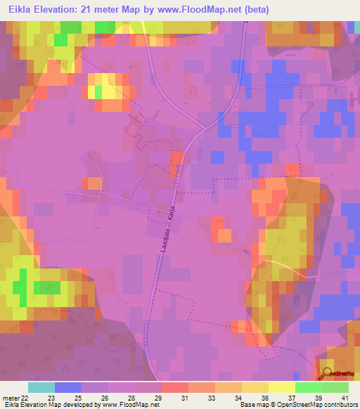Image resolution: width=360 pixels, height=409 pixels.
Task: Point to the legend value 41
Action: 344,397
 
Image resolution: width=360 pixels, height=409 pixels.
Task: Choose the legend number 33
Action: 211,397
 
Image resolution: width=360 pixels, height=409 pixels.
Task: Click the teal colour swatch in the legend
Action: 41,387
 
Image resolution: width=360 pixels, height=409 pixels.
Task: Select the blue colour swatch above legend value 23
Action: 68,387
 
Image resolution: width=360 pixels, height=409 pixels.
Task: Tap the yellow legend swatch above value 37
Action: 282,387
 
